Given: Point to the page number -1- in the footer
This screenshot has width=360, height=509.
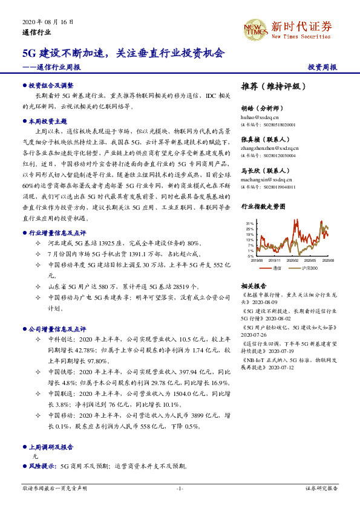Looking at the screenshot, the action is click(180, 488).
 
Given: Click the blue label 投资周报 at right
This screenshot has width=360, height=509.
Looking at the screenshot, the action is click(322, 67).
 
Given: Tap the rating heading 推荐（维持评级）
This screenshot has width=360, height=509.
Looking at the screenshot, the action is click(274, 86).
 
